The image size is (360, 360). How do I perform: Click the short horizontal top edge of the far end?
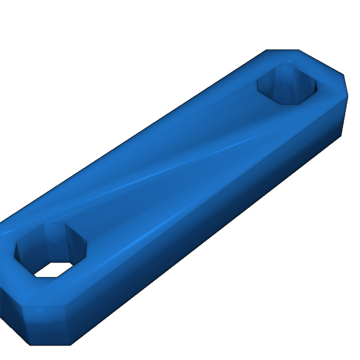[282, 50]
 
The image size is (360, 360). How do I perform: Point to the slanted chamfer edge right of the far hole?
[321, 62]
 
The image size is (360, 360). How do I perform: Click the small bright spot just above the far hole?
[290, 62]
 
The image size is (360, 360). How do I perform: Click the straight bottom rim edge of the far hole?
[290, 104]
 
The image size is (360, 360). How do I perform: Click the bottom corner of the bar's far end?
[341, 135]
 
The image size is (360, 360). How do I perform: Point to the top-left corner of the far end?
[266, 50]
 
